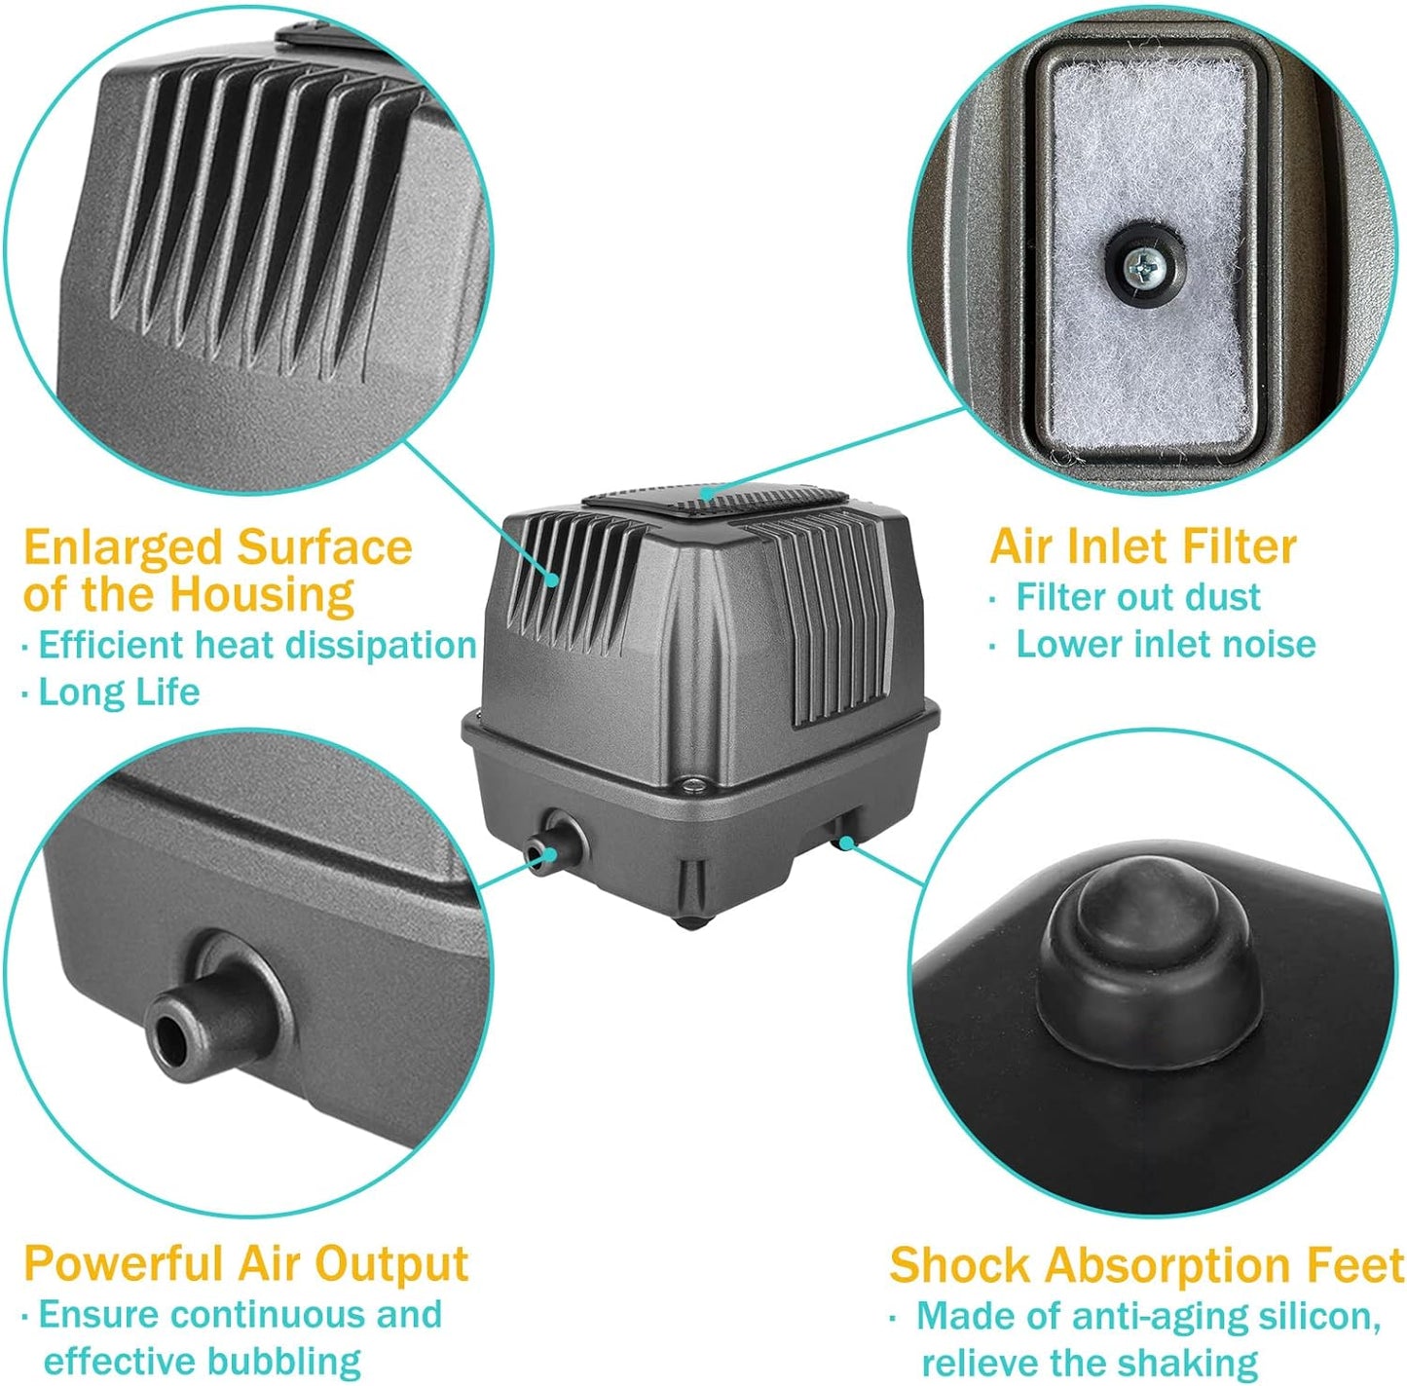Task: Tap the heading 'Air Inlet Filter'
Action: click(1143, 546)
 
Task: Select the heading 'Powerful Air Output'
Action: click(246, 1263)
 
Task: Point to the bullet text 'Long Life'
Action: click(119, 693)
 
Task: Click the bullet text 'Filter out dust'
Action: click(1137, 597)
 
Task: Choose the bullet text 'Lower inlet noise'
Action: click(1166, 644)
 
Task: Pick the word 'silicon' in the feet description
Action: click(1317, 1317)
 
